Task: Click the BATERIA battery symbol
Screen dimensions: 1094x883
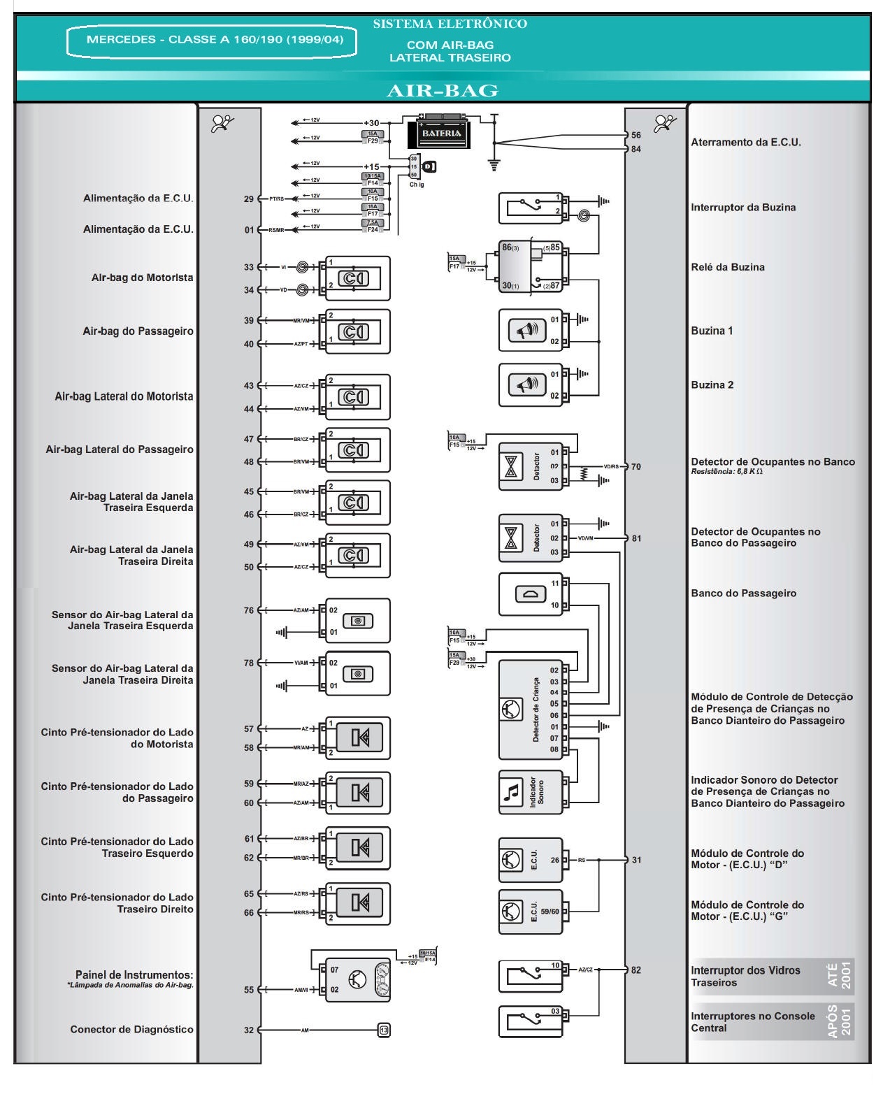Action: click(441, 132)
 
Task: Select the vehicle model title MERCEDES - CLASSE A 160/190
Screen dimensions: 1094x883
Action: click(215, 40)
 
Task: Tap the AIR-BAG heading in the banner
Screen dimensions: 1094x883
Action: click(442, 90)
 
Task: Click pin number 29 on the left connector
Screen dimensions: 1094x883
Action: click(249, 199)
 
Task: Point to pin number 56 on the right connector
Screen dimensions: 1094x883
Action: click(636, 135)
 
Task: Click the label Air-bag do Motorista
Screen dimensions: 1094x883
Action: click(142, 278)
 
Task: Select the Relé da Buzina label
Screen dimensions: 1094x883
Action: click(727, 267)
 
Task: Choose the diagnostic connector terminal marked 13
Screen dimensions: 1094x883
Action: click(383, 1030)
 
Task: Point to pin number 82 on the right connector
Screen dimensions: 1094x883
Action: click(636, 970)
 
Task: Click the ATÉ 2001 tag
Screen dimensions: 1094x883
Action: click(839, 975)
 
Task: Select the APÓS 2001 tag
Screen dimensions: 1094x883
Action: click(839, 1021)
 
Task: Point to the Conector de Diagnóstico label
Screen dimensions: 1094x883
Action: click(131, 1029)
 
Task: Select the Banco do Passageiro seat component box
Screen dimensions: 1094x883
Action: click(530, 594)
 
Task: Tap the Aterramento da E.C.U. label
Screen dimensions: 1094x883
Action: click(745, 142)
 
